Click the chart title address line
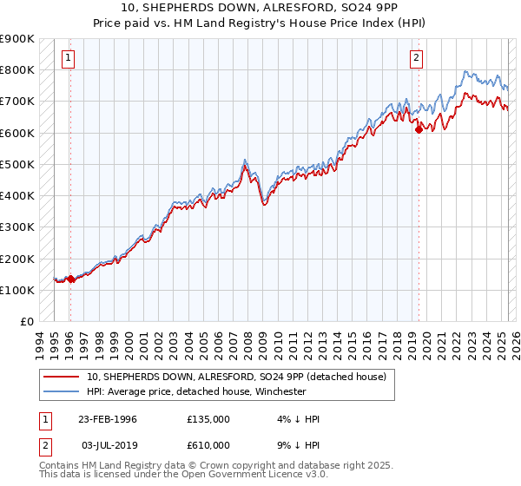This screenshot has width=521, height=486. pyautogui.click(x=260, y=8)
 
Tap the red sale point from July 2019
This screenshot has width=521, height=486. pyautogui.click(x=419, y=129)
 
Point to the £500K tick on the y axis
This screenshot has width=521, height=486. pyautogui.click(x=17, y=164)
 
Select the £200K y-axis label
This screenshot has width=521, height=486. pyautogui.click(x=17, y=259)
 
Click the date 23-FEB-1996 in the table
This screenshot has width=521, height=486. pyautogui.click(x=108, y=419)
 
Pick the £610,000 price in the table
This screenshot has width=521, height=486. pyautogui.click(x=208, y=445)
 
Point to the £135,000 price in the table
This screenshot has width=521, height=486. pyautogui.click(x=208, y=419)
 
